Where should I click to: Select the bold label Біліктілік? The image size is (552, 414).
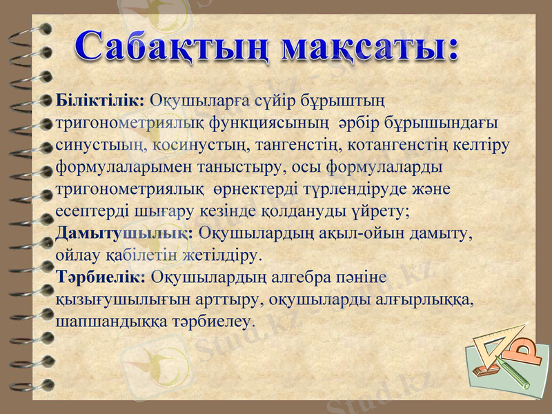99,101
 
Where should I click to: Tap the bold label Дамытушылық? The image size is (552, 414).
124,233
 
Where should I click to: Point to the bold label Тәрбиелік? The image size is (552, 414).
101,277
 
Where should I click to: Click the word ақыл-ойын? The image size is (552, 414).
351,233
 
